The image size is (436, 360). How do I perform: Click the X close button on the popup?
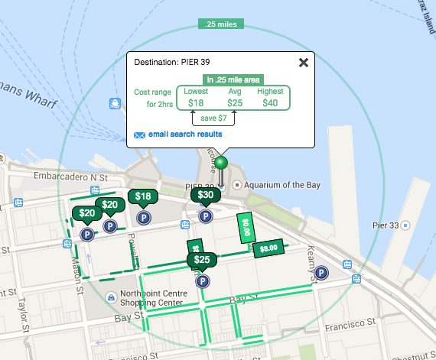[304, 63]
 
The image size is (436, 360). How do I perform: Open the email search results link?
[185, 135]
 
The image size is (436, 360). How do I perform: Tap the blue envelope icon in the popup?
[139, 135]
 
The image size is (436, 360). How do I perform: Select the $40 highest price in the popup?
[271, 102]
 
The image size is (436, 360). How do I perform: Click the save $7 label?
[213, 118]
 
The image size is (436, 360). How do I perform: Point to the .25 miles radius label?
[220, 24]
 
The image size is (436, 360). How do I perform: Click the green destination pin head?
[221, 162]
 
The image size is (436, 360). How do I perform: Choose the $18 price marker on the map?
[143, 197]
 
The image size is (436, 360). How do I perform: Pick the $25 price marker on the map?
[202, 261]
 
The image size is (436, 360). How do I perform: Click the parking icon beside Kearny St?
[321, 272]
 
